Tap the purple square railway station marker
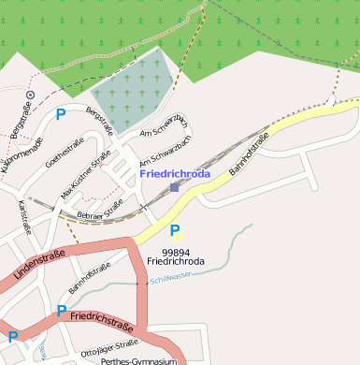click(x=175, y=187)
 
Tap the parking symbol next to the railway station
click(x=175, y=230)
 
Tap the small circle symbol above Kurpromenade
click(x=30, y=95)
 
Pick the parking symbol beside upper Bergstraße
click(x=61, y=114)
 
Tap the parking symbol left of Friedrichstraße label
click(x=62, y=310)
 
